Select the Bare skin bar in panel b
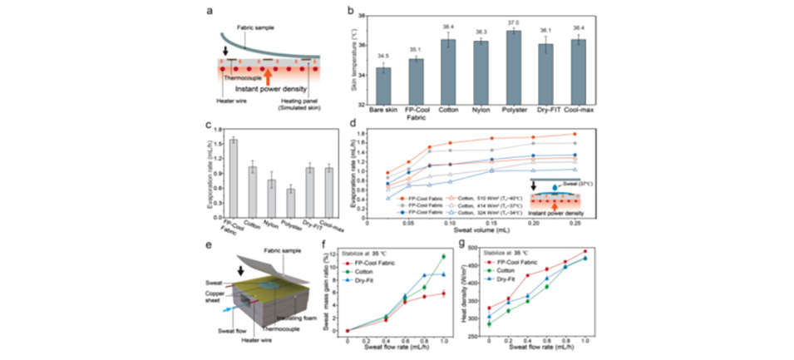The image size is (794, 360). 382,86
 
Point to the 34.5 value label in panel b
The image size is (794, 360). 382,56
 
